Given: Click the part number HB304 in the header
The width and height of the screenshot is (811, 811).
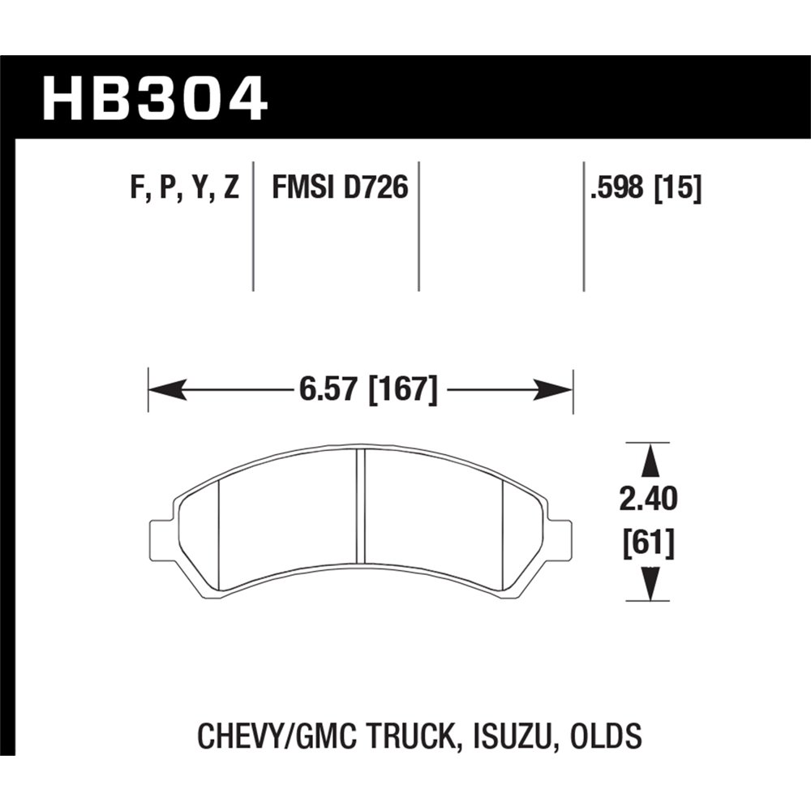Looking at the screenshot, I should [x=154, y=98].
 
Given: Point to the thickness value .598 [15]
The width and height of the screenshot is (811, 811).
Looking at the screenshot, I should [x=646, y=190].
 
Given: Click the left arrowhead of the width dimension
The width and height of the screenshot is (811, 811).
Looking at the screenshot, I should [x=162, y=392].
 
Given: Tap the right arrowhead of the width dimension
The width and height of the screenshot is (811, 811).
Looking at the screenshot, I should [x=558, y=392].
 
